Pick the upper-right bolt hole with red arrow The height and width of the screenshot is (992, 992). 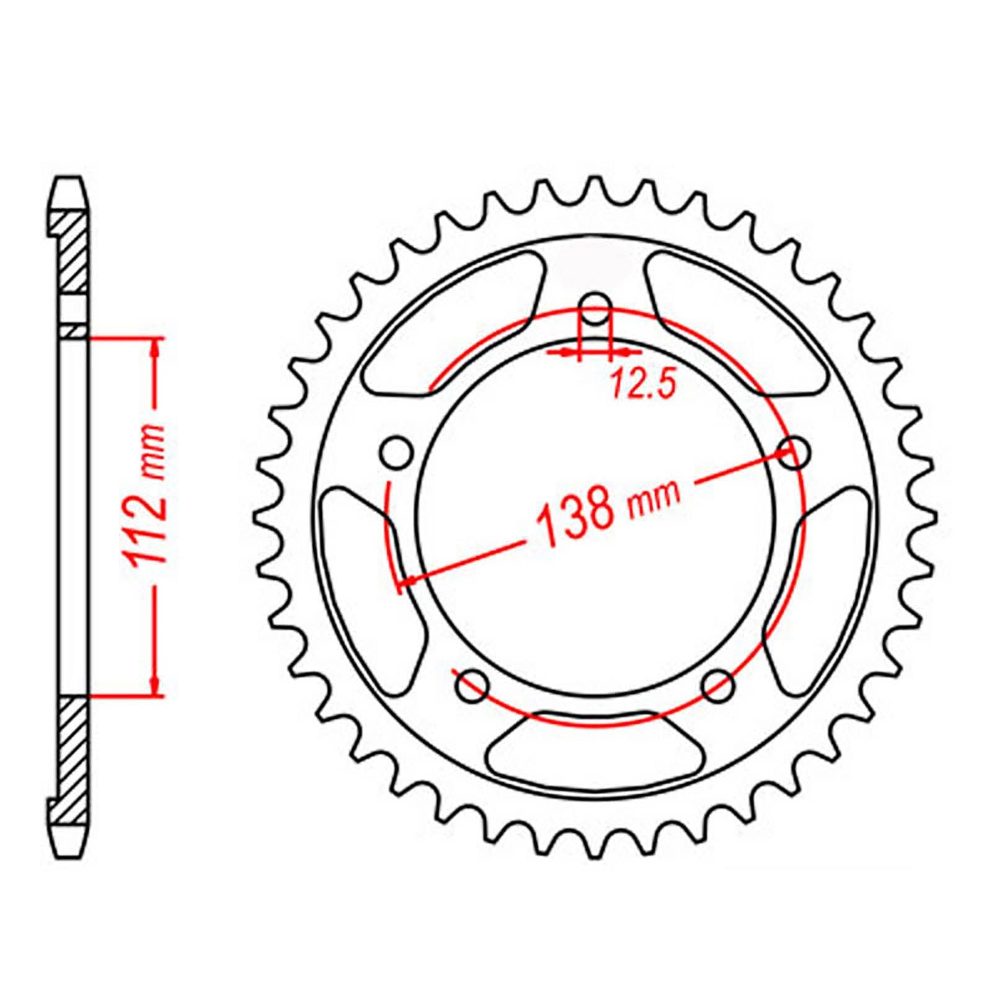[795, 454]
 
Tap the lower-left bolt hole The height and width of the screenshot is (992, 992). [472, 684]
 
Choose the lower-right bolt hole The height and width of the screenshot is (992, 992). [719, 684]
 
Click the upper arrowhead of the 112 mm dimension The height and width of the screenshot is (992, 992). [155, 347]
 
